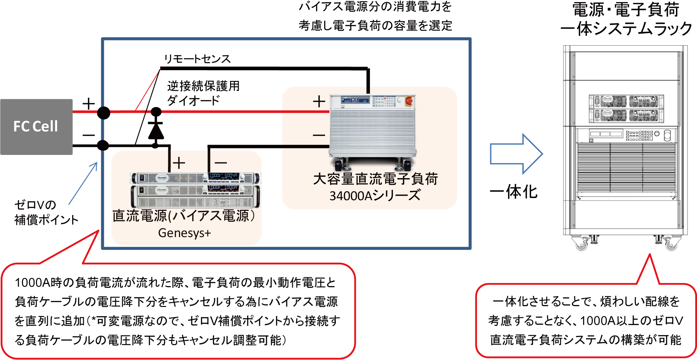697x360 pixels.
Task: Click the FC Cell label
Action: (36, 126)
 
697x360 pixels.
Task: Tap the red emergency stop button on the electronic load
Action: (409, 101)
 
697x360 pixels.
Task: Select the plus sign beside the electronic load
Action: (319, 102)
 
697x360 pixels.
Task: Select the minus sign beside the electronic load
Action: (319, 135)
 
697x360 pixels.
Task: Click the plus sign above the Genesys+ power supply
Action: (179, 163)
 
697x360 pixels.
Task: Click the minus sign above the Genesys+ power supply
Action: (221, 163)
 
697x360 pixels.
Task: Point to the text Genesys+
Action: (184, 233)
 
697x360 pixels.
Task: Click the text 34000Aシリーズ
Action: (375, 196)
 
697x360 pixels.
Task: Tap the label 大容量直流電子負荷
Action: (375, 179)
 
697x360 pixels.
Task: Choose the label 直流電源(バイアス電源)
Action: (184, 216)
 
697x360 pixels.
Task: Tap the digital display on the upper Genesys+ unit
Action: (223, 176)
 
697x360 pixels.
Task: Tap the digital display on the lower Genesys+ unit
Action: (223, 188)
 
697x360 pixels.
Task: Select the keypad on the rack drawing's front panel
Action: (639, 136)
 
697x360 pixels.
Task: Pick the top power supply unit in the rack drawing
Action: (626, 102)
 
